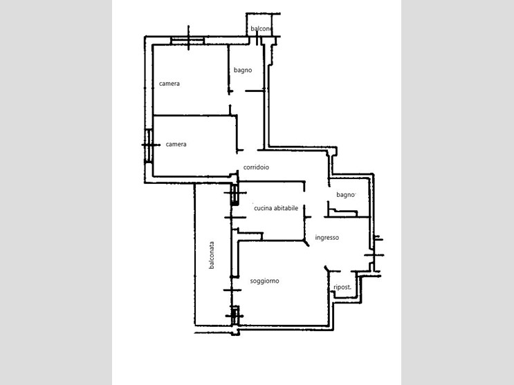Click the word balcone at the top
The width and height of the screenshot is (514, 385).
click(x=261, y=29)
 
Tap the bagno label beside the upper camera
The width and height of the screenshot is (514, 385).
click(x=243, y=70)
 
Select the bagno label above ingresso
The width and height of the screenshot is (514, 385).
click(x=345, y=195)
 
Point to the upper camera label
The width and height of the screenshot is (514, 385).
click(x=169, y=84)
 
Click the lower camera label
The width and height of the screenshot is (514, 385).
click(x=176, y=144)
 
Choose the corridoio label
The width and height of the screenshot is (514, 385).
click(x=256, y=167)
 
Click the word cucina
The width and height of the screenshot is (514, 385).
click(x=263, y=208)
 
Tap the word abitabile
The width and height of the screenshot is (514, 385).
click(x=286, y=208)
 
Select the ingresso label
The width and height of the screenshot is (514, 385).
click(x=327, y=238)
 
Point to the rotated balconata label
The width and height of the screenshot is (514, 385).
click(x=212, y=255)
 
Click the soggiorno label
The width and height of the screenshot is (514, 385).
click(x=264, y=281)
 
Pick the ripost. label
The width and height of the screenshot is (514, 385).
click(x=342, y=288)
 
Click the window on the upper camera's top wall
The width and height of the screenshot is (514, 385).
click(x=187, y=41)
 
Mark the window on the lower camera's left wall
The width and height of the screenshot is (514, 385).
click(x=149, y=146)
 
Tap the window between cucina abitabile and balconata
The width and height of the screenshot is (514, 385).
click(x=235, y=195)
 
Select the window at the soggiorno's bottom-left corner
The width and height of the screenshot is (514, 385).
click(x=235, y=316)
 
